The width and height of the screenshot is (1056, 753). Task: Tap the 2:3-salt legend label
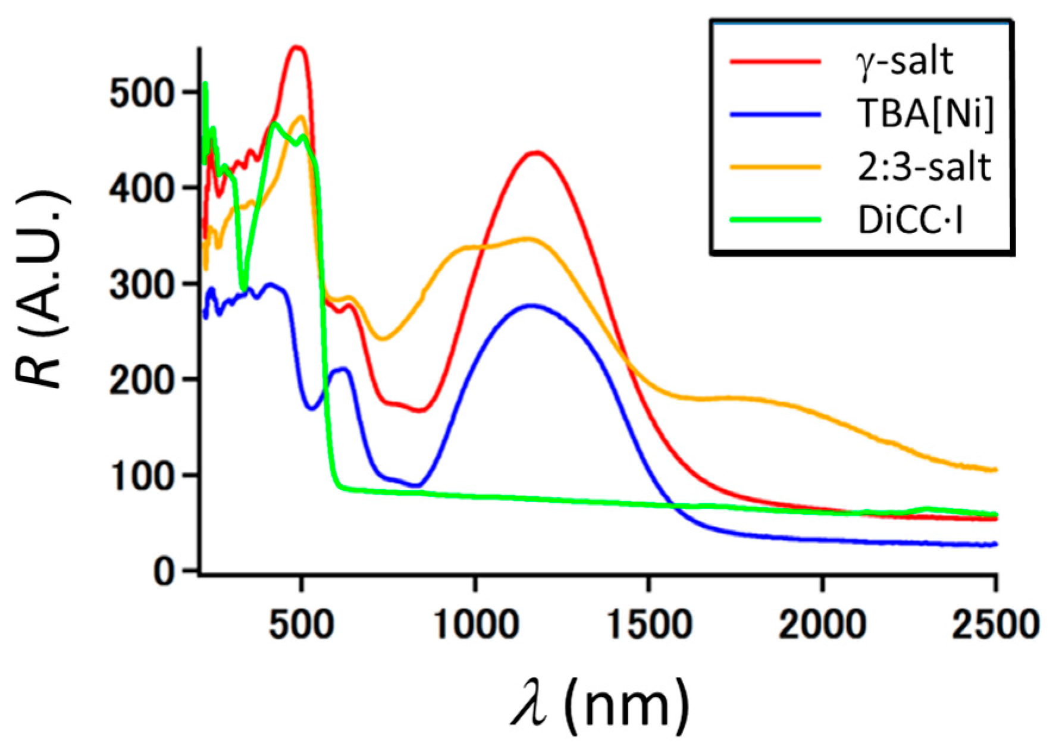pyautogui.click(x=924, y=167)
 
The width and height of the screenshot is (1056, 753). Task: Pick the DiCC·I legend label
pyautogui.click(x=910, y=219)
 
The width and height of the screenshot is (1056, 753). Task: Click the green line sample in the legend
pyautogui.click(x=775, y=219)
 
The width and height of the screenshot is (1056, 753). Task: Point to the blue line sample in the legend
pyautogui.click(x=775, y=114)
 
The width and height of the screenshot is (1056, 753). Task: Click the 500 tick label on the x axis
pyautogui.click(x=301, y=625)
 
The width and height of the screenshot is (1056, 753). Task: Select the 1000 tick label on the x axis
pyautogui.click(x=475, y=625)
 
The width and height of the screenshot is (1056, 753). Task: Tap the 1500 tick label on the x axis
pyautogui.click(x=648, y=625)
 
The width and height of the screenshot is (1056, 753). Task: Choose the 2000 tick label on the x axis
pyautogui.click(x=822, y=625)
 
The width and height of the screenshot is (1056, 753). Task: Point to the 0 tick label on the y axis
pyautogui.click(x=164, y=572)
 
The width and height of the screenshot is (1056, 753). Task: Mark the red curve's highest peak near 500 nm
pyautogui.click(x=296, y=48)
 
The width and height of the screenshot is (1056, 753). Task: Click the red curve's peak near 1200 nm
pyautogui.click(x=536, y=153)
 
